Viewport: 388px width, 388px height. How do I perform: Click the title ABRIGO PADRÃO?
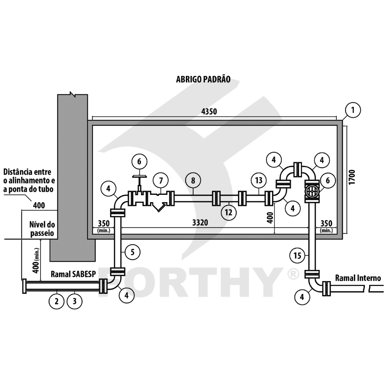pos(203,79)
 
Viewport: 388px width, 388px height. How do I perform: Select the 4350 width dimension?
pos(209,112)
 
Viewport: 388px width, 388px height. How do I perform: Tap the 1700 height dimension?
pos(352,177)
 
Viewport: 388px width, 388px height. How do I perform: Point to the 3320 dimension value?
pos(200,223)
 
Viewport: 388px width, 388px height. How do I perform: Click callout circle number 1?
pos(353,110)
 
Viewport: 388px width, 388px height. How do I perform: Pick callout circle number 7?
pos(161,180)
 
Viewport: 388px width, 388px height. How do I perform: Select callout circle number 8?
pos(193,180)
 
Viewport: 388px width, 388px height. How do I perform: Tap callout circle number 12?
pos(228,212)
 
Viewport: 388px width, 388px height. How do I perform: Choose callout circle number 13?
pos(259,180)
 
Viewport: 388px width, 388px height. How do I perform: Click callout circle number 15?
pos(297,255)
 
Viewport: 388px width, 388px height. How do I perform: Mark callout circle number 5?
pos(133,252)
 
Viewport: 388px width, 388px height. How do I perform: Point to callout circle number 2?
pos(56,301)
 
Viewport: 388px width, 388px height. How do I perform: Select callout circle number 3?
pos(75,301)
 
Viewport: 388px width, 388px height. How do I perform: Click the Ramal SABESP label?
pos(73,274)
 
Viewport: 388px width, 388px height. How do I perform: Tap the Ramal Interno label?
pos(358,278)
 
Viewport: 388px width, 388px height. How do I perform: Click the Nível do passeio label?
pos(42,229)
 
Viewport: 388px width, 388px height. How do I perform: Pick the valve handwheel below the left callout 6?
pos(140,176)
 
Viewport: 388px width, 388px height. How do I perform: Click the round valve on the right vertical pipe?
pos(312,191)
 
